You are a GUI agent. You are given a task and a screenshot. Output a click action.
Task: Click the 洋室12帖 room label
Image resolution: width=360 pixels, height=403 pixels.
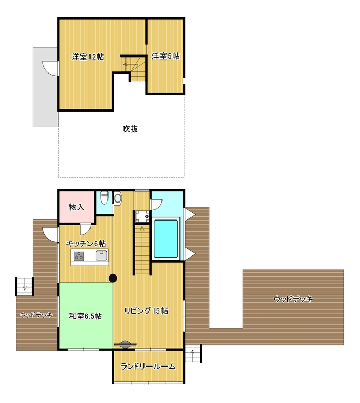tap(88, 57)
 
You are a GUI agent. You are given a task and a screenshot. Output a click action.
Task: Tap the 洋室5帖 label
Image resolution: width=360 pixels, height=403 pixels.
tap(165, 57)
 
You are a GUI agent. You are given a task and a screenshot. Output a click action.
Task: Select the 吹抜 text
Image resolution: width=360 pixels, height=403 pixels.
tap(130, 129)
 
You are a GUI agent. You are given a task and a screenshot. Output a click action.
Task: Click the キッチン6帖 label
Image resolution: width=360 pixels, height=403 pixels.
tap(86, 243)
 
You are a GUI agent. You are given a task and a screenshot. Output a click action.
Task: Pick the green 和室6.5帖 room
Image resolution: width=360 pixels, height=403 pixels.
tap(85, 316)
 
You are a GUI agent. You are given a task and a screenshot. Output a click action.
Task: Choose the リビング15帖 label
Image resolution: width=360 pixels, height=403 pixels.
tap(146, 311)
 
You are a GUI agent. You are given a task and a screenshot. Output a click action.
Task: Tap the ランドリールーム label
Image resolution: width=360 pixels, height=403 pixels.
tap(148, 367)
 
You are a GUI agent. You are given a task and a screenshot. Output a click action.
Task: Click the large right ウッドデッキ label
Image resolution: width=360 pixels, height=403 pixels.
tap(293, 299)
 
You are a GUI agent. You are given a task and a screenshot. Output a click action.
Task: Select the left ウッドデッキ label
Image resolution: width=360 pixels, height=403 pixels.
tap(36, 315)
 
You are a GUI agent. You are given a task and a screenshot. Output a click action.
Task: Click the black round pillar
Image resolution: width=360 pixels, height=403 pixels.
tap(113, 279)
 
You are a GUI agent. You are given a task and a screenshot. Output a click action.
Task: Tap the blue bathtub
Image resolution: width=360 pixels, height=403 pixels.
tap(166, 238)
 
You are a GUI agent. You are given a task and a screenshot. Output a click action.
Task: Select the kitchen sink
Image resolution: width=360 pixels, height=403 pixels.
tap(101, 255)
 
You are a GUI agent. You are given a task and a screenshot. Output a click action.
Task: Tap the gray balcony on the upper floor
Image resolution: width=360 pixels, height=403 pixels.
tap(45, 87)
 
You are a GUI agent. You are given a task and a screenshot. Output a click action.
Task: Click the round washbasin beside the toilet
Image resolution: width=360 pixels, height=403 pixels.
tap(117, 197)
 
